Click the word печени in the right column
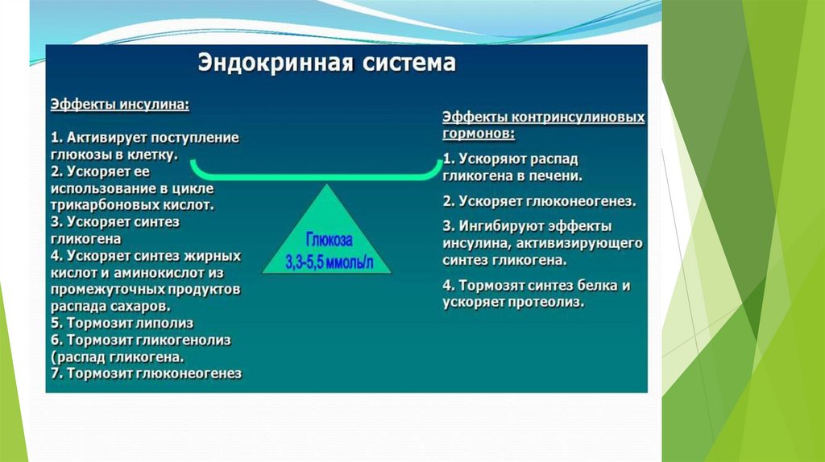click(556, 175)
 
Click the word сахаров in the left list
click(141, 306)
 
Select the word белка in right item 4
click(598, 286)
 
